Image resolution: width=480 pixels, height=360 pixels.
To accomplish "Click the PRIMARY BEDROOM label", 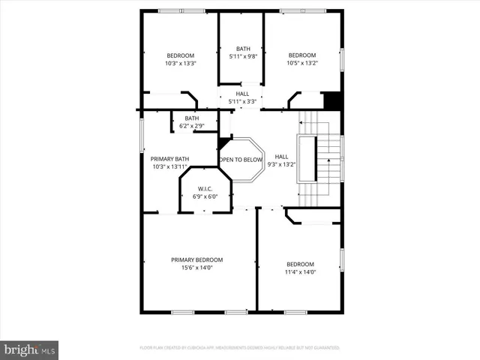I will coord(196,259).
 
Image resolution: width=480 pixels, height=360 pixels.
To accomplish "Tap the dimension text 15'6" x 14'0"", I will coord(196,268).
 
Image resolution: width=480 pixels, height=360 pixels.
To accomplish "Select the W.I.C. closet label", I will coord(205,188).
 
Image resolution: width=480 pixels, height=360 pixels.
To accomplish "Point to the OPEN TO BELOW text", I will coord(241,160).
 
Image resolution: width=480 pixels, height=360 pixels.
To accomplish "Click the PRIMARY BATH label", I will coord(169,158).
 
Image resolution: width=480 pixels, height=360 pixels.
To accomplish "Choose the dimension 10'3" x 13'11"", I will coord(169,166).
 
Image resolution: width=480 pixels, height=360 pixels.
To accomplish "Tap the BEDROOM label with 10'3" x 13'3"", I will coord(180,55).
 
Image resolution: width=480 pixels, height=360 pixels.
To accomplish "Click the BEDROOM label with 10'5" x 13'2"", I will coord(302,55).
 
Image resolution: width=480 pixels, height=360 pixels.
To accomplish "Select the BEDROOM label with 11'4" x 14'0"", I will coord(300,264).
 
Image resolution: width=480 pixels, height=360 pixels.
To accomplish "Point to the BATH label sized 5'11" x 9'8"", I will coord(243,48).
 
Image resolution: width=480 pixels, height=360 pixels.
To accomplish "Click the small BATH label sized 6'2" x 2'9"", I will coord(192,118).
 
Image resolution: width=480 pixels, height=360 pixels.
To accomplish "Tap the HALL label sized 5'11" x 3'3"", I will coord(242,94).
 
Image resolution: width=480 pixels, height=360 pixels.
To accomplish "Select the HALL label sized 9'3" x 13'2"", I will coord(281,156).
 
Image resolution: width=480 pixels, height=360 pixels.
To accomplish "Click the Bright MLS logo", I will coord(30,349).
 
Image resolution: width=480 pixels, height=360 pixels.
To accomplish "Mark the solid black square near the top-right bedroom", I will coord(331,100).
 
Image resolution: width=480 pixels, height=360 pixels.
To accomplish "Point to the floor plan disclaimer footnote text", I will coord(240,348).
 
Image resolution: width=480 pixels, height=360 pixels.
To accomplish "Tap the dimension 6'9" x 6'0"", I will coord(205,196).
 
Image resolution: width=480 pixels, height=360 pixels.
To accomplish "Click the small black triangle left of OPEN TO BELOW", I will coord(223,142).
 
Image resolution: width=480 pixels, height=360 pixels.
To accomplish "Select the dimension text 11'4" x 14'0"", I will coord(300,272).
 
